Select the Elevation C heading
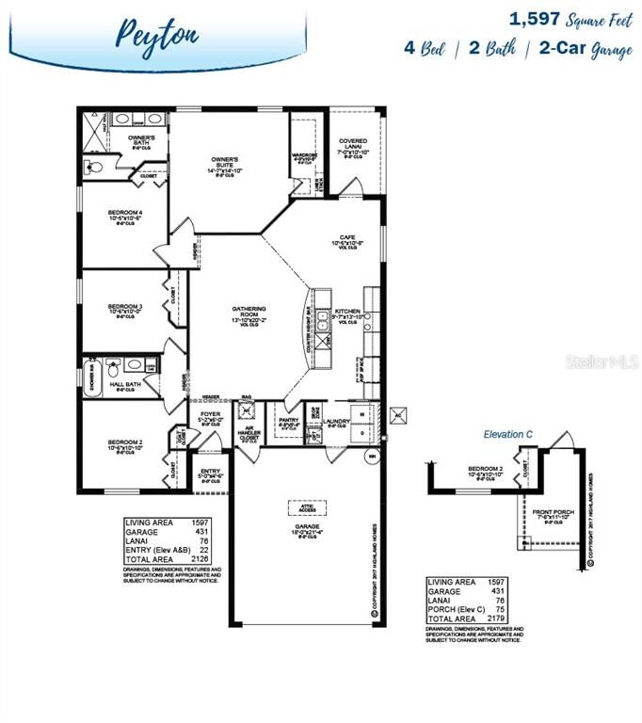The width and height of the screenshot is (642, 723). click(509, 434)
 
